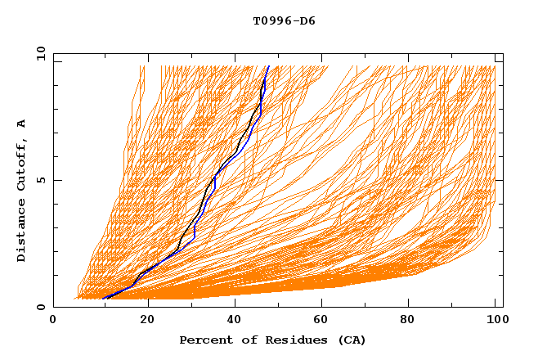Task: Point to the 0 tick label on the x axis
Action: [x=53, y=321]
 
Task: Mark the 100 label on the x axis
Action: [x=495, y=321]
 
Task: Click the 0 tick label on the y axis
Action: [x=41, y=307]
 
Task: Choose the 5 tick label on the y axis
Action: [x=41, y=180]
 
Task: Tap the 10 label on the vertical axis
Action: [x=41, y=53]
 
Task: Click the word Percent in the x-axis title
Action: [x=202, y=340]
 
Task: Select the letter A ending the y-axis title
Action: [x=22, y=123]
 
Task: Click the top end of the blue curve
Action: [x=269, y=66]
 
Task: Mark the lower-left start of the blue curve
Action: [x=104, y=299]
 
